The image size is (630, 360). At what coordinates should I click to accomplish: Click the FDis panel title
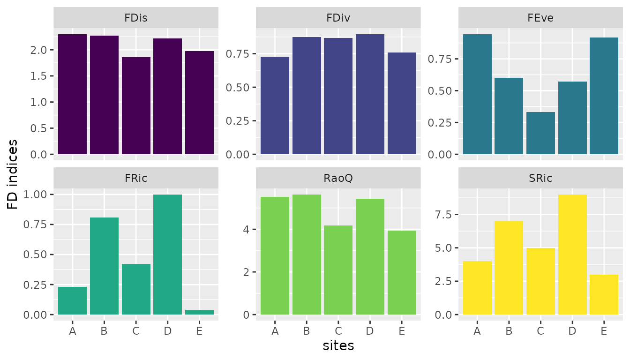[136, 18]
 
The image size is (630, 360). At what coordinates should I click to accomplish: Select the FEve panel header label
[540, 18]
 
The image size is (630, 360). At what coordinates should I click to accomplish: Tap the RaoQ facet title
[338, 178]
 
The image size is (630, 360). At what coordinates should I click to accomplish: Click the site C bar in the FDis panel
[136, 106]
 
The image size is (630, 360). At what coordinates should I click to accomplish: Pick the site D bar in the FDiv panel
[370, 94]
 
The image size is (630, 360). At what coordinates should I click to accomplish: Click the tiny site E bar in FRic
[199, 312]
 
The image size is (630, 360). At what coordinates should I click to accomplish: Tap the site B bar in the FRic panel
[104, 266]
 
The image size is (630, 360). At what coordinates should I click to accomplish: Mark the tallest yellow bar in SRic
[572, 255]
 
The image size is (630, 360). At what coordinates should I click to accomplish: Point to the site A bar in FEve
[477, 94]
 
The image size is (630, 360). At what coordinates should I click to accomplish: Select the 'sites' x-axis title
[338, 346]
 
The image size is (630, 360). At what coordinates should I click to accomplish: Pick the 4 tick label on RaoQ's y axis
[246, 230]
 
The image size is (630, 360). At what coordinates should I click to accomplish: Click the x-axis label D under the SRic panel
[572, 331]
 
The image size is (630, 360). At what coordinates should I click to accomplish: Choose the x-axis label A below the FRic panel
[72, 331]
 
